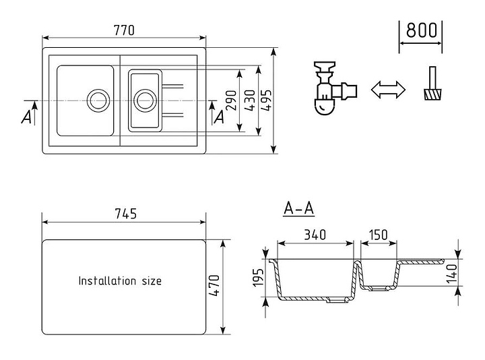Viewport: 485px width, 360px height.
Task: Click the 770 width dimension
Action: tap(125, 30)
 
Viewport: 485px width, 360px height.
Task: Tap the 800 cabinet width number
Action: tap(421, 30)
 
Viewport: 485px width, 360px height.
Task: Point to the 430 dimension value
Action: tap(249, 101)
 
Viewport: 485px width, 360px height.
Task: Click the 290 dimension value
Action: tap(231, 101)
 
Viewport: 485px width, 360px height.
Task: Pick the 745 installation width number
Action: tap(125, 214)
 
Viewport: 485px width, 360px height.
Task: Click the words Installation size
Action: tap(120, 280)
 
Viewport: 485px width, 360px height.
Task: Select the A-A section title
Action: tap(298, 209)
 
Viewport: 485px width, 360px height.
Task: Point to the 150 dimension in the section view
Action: tap(379, 235)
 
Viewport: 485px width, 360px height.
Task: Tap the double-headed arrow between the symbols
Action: tap(388, 90)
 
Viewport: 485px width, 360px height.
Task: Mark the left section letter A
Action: tap(26, 117)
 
